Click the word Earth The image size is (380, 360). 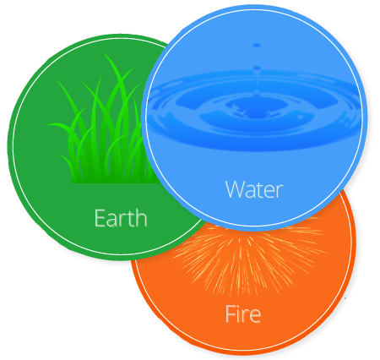[121, 218]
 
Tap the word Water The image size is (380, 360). [254, 189]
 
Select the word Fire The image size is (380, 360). [243, 314]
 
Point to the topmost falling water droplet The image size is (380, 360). [257, 45]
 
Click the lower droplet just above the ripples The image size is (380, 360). [257, 68]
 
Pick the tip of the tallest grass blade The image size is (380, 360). [104, 53]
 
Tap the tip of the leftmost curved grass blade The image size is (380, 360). [47, 124]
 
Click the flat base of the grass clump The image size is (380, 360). [112, 183]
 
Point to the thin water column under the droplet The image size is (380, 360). [257, 83]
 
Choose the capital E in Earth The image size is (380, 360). [100, 218]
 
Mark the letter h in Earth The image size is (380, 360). [141, 218]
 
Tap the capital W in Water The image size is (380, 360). [236, 189]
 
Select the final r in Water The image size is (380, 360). [280, 192]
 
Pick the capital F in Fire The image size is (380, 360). [231, 314]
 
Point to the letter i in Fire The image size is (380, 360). [239, 314]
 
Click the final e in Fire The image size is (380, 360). [255, 316]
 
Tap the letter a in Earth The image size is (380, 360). [112, 220]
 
